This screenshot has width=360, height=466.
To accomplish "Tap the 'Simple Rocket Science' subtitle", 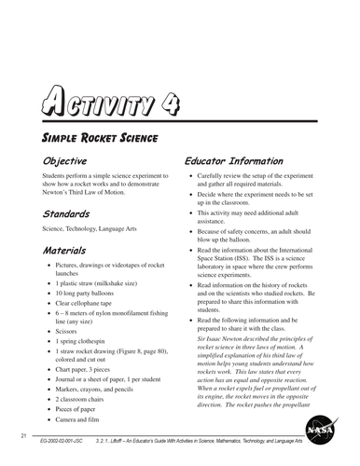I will click(x=98, y=138).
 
